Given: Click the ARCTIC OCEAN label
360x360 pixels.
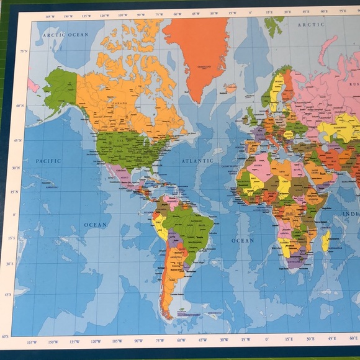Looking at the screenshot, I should click(x=65, y=35).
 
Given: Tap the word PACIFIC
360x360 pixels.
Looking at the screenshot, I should click(x=48, y=161).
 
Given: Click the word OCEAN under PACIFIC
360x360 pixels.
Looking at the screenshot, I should click(x=96, y=225).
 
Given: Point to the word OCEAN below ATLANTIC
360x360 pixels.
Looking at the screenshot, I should click(x=243, y=240).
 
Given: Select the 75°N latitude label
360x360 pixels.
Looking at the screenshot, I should click(x=24, y=52).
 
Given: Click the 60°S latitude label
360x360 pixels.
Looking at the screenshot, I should click(x=6, y=336).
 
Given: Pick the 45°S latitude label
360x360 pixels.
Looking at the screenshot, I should click(x=9, y=294).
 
